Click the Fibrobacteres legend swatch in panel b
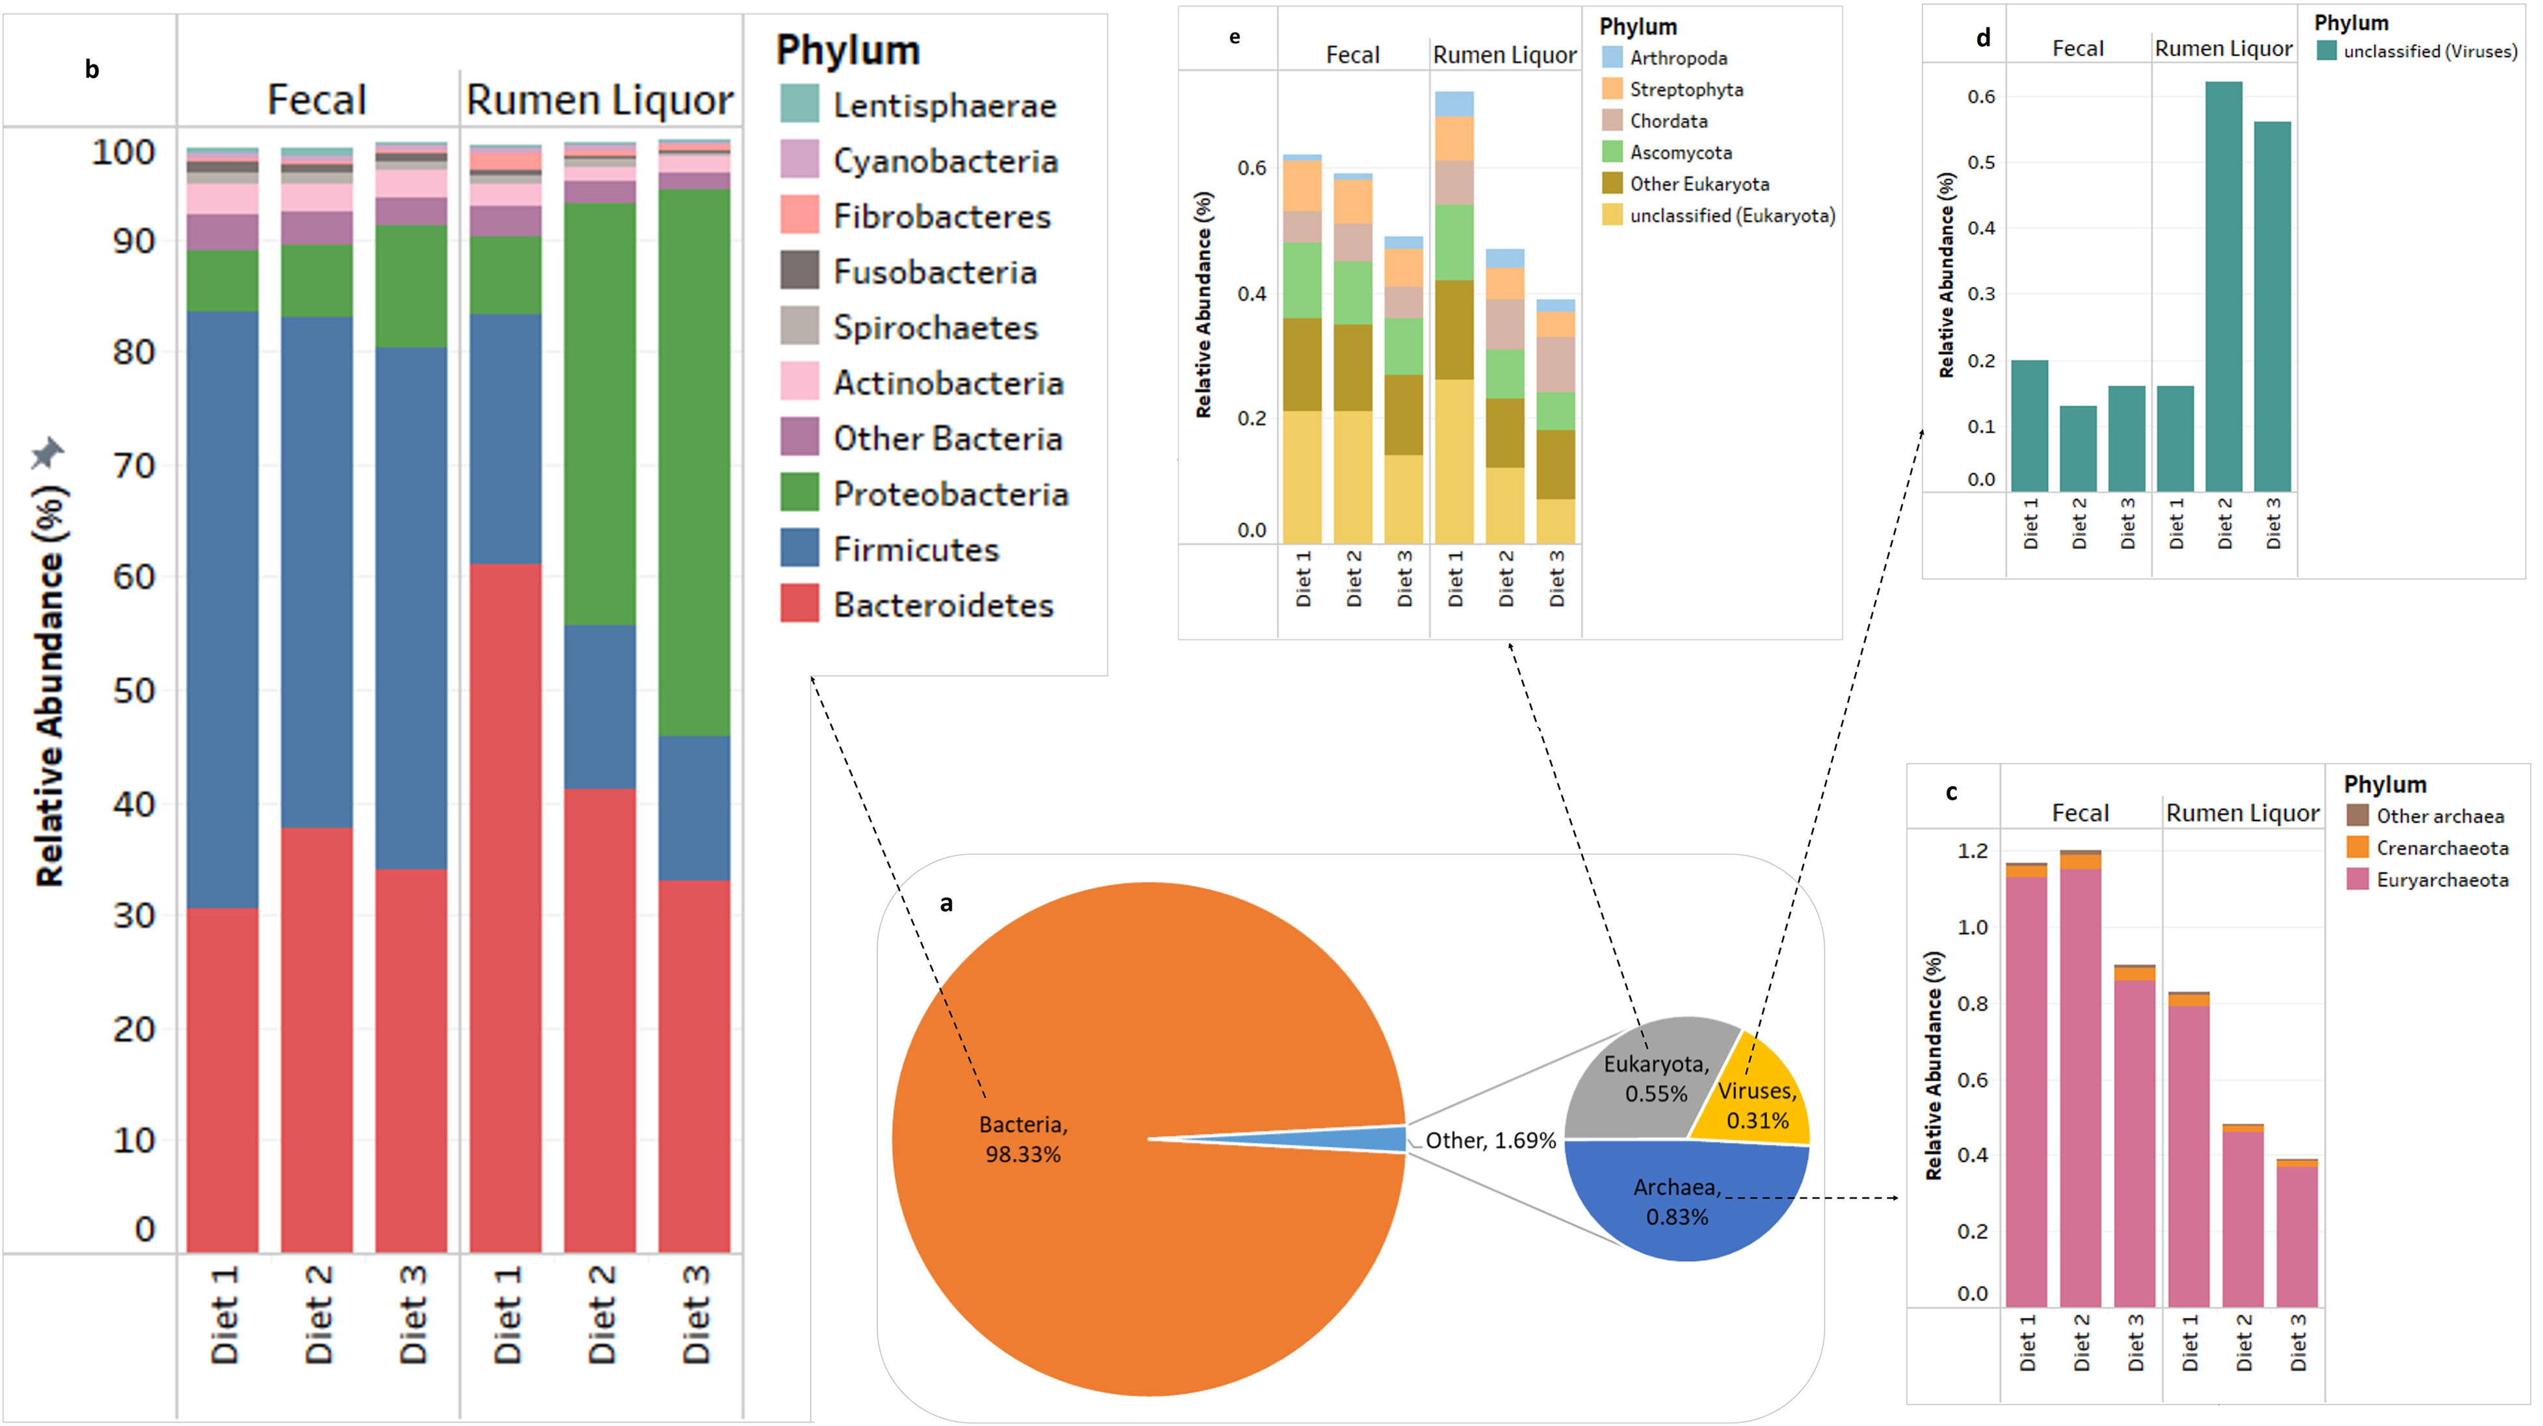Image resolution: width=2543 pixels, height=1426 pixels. [799, 215]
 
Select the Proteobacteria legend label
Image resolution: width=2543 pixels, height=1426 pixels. [950, 494]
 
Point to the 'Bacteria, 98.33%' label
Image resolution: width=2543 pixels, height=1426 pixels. [1022, 1138]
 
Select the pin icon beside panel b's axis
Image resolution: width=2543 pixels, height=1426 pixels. [46, 453]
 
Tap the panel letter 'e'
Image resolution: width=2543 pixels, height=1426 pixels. [1234, 38]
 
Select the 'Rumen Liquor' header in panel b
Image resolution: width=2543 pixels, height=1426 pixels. [599, 100]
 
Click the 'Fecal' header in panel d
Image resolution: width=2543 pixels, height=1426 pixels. [2077, 48]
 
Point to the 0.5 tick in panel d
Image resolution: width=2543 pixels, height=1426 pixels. [1980, 162]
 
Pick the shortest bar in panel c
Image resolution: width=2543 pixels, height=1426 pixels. [2297, 1235]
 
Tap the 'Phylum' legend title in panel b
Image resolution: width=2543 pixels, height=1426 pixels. [847, 50]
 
